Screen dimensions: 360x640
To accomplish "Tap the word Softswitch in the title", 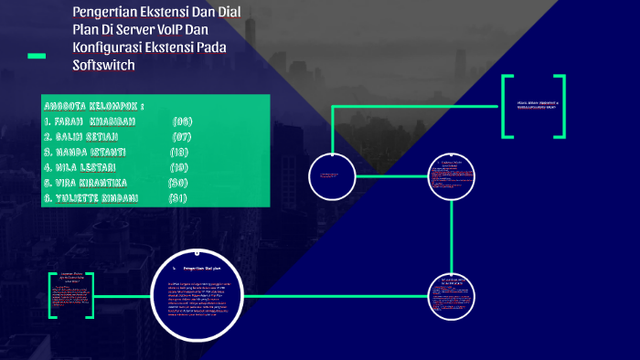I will pyautogui.click(x=103, y=65).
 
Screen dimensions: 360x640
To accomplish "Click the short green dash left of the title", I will pyautogui.click(x=37, y=57).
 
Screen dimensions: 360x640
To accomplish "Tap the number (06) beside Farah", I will pyautogui.click(x=182, y=121).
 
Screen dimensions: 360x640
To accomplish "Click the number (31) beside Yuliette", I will pyautogui.click(x=177, y=198).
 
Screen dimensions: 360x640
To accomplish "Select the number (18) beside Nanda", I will pyautogui.click(x=179, y=152).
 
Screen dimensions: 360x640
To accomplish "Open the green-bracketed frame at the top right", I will pyautogui.click(x=533, y=106).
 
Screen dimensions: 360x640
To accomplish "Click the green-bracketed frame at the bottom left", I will pyautogui.click(x=71, y=294).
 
